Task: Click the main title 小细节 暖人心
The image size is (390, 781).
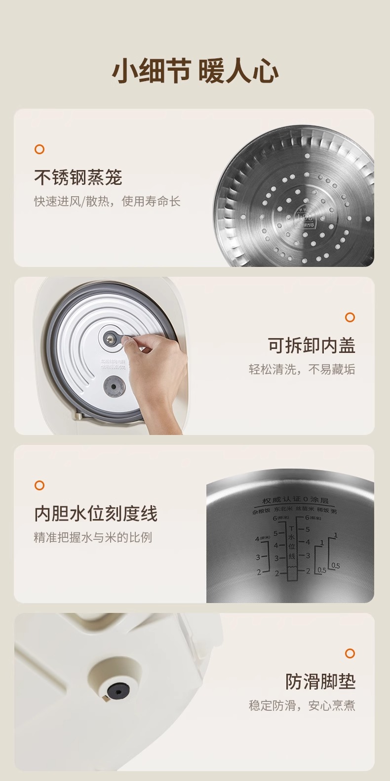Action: tap(195, 72)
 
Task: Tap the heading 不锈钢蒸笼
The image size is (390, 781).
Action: tap(78, 177)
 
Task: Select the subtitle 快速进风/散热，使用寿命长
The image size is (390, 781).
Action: tap(107, 201)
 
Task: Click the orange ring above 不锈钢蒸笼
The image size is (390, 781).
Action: tap(39, 149)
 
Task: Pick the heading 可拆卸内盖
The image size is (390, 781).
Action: tap(311, 345)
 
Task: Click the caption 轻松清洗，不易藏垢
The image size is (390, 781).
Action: tap(302, 369)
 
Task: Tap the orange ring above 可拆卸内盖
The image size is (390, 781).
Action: tap(350, 317)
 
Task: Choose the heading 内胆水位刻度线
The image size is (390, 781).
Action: tap(96, 513)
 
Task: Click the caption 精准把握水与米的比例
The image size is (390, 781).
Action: tap(93, 537)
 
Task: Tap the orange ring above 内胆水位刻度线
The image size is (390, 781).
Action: tap(39, 485)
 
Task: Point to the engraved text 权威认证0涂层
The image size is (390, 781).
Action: tap(295, 501)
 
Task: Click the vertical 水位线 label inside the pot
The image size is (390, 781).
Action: tap(291, 546)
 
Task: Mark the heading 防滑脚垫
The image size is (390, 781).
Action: tap(320, 681)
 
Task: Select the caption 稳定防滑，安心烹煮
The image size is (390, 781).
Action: tap(302, 705)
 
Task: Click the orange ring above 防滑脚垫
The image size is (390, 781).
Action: tap(350, 653)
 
